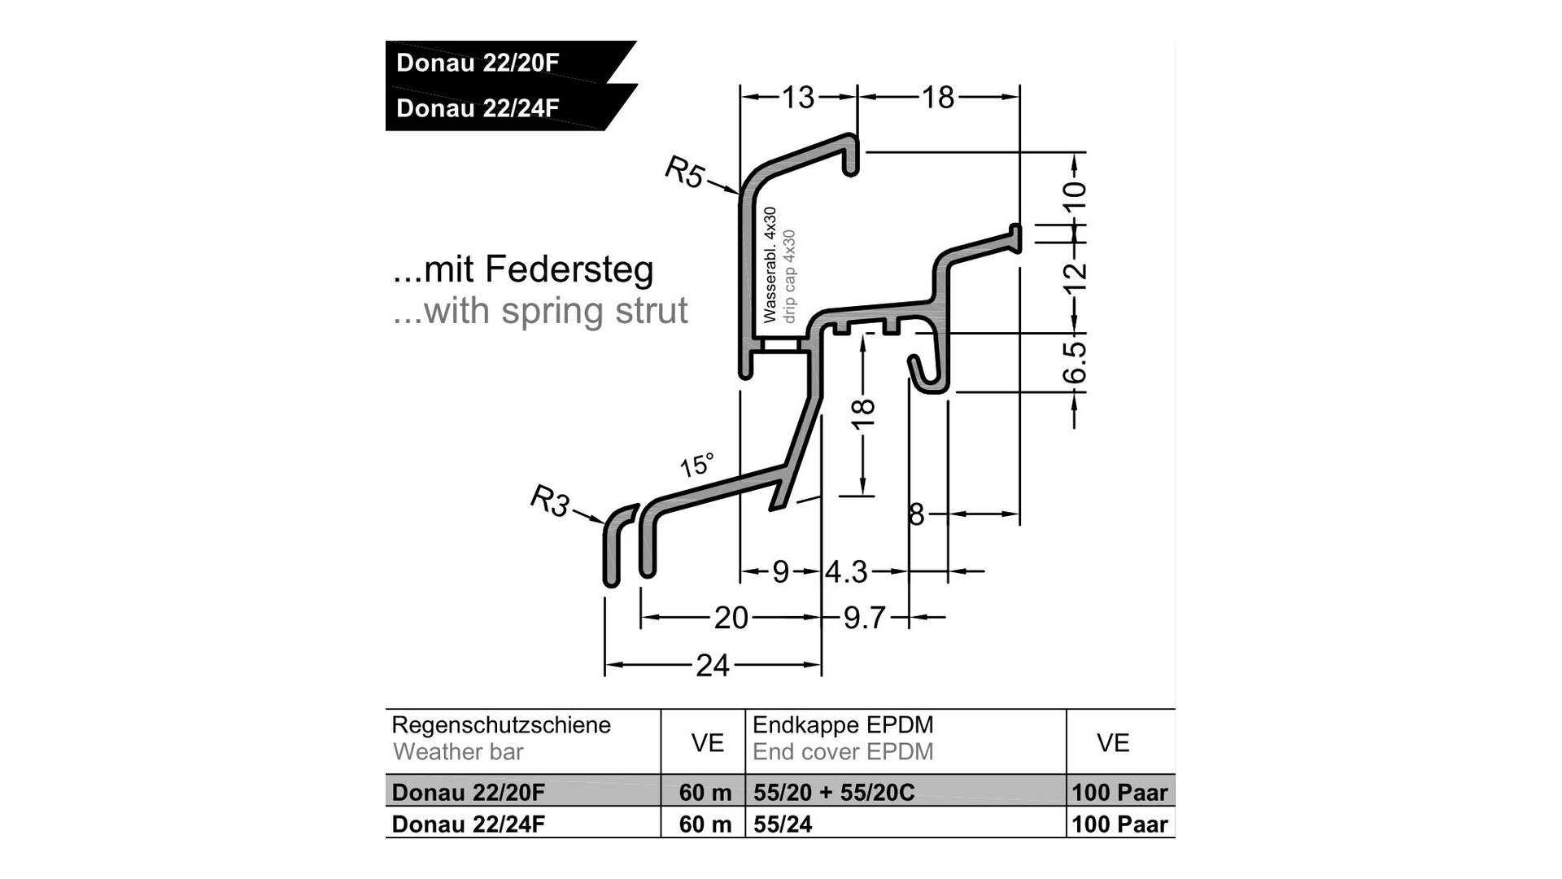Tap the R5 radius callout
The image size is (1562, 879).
point(685,173)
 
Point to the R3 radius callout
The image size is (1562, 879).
point(550,501)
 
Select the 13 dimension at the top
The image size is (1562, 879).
point(798,98)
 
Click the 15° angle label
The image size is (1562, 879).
point(697,465)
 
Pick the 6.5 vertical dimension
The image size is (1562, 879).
point(1076,362)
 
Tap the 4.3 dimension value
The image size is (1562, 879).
point(847,572)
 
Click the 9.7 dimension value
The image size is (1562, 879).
point(864,618)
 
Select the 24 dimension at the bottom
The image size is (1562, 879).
point(713,666)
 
